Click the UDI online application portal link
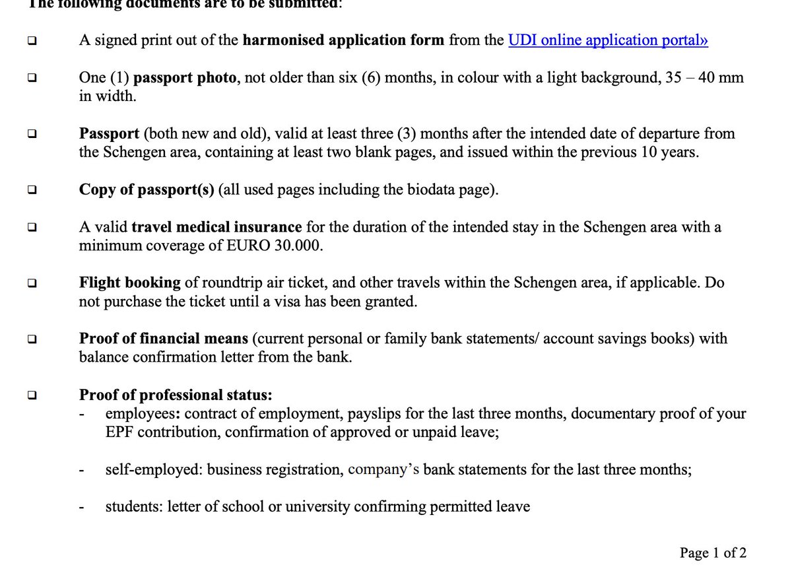(607, 40)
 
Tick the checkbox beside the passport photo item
(32, 78)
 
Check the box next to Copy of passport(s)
(32, 190)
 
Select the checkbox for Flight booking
(32, 283)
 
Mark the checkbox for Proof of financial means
(32, 339)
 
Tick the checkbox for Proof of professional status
(32, 395)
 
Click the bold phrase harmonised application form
(343, 40)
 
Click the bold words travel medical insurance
(216, 228)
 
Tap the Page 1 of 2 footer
(713, 553)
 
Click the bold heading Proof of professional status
(176, 395)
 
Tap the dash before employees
(82, 415)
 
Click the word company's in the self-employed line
(383, 470)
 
